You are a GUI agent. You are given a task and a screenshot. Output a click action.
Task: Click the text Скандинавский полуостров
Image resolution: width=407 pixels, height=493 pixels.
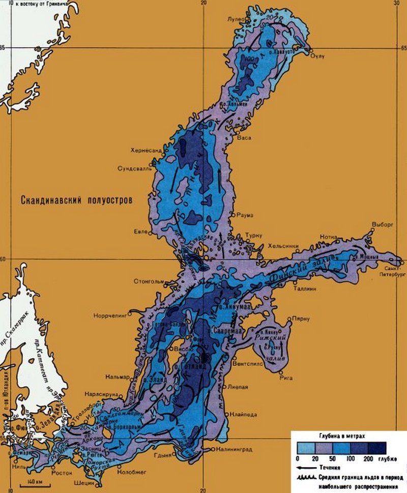tap(76, 200)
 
